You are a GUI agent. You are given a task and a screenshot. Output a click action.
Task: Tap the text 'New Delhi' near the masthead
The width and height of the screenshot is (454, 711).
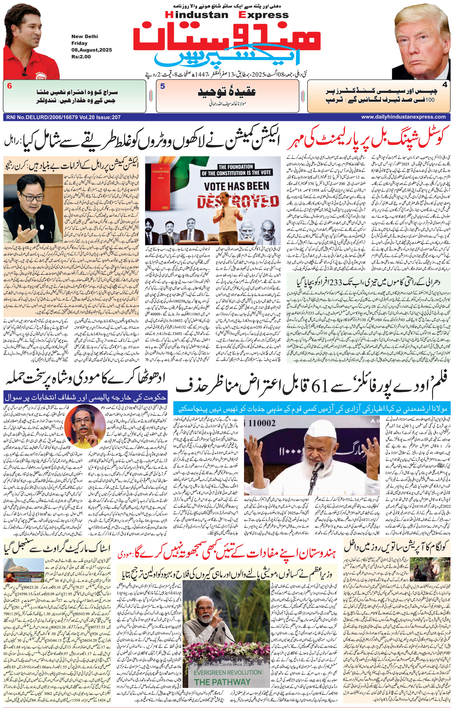pos(84,37)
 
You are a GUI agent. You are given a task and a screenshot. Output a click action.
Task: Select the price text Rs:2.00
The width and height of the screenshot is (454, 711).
pos(81,57)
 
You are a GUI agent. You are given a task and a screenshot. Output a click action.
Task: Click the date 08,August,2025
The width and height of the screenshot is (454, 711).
pos(91,50)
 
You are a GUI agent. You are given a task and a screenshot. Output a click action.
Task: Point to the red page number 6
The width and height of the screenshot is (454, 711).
pos(9,86)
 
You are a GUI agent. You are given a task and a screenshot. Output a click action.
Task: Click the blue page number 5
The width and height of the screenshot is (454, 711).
pos(162,86)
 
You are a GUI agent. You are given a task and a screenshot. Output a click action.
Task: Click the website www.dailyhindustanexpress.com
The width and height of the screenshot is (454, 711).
pos(403,117)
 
